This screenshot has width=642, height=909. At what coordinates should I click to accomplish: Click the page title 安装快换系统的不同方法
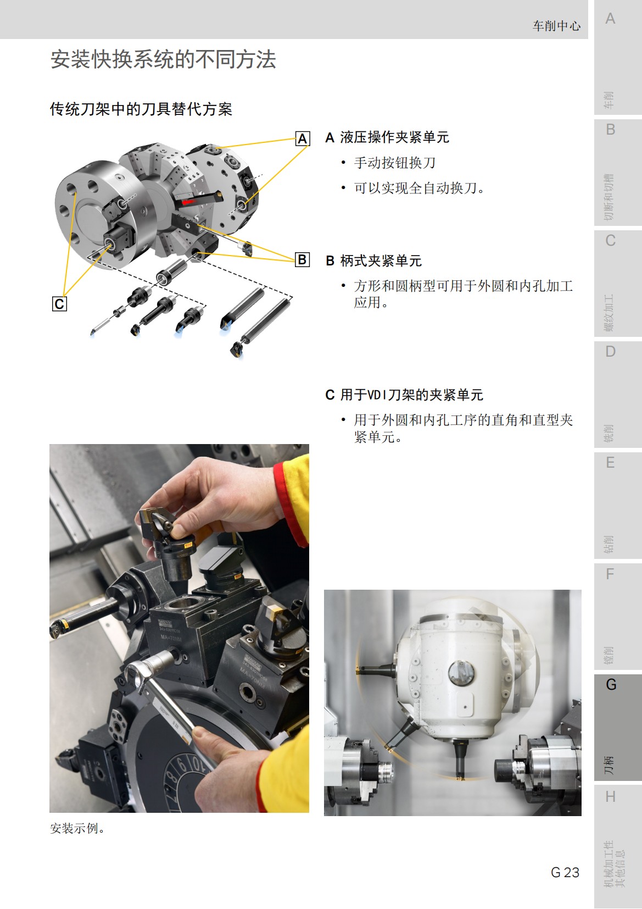tap(163, 59)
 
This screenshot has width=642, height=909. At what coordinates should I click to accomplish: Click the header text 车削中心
tap(556, 26)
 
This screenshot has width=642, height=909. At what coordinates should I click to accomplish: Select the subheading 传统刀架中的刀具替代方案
tap(141, 109)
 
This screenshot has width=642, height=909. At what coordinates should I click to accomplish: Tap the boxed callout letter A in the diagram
tap(302, 138)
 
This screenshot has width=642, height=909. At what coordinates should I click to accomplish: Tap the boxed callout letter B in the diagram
tap(302, 259)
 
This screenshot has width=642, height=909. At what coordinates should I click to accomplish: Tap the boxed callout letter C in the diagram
tap(59, 304)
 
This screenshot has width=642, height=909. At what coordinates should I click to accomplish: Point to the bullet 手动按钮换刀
tap(394, 163)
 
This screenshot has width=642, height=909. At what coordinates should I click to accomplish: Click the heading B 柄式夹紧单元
tap(373, 260)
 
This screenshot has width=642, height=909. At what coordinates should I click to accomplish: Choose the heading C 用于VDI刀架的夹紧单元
tap(404, 395)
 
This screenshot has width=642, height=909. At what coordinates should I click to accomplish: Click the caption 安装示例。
tap(77, 828)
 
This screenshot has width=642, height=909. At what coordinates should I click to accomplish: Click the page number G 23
tap(565, 872)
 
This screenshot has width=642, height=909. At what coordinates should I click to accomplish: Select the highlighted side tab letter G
tap(611, 685)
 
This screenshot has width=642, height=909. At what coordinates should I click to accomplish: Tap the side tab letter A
tap(610, 19)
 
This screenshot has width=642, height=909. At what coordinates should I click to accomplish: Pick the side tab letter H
tap(610, 797)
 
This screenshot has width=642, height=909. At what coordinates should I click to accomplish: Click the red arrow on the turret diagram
tap(188, 202)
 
